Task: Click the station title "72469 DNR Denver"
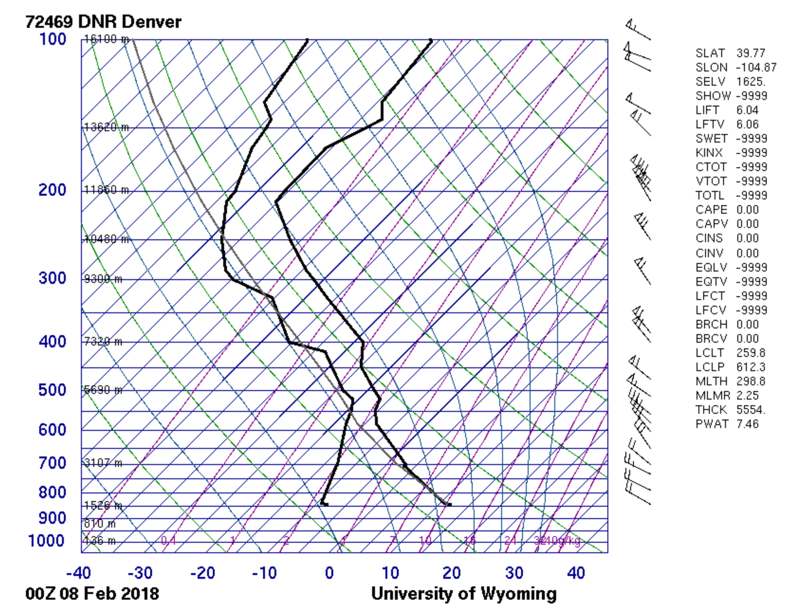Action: point(103,22)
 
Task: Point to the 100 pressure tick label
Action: point(54,39)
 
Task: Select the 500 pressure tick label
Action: point(52,390)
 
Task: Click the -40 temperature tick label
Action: point(78,573)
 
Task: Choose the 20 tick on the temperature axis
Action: point(451,573)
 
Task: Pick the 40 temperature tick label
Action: point(575,573)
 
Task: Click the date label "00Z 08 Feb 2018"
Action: point(92,594)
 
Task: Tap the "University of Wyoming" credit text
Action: point(464,594)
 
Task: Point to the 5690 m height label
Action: point(103,390)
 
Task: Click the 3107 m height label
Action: point(103,463)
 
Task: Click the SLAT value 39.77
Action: point(750,53)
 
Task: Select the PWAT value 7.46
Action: point(747,424)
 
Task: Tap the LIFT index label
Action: point(707,110)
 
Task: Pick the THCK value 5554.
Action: point(751,410)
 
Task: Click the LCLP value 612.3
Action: point(751,367)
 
